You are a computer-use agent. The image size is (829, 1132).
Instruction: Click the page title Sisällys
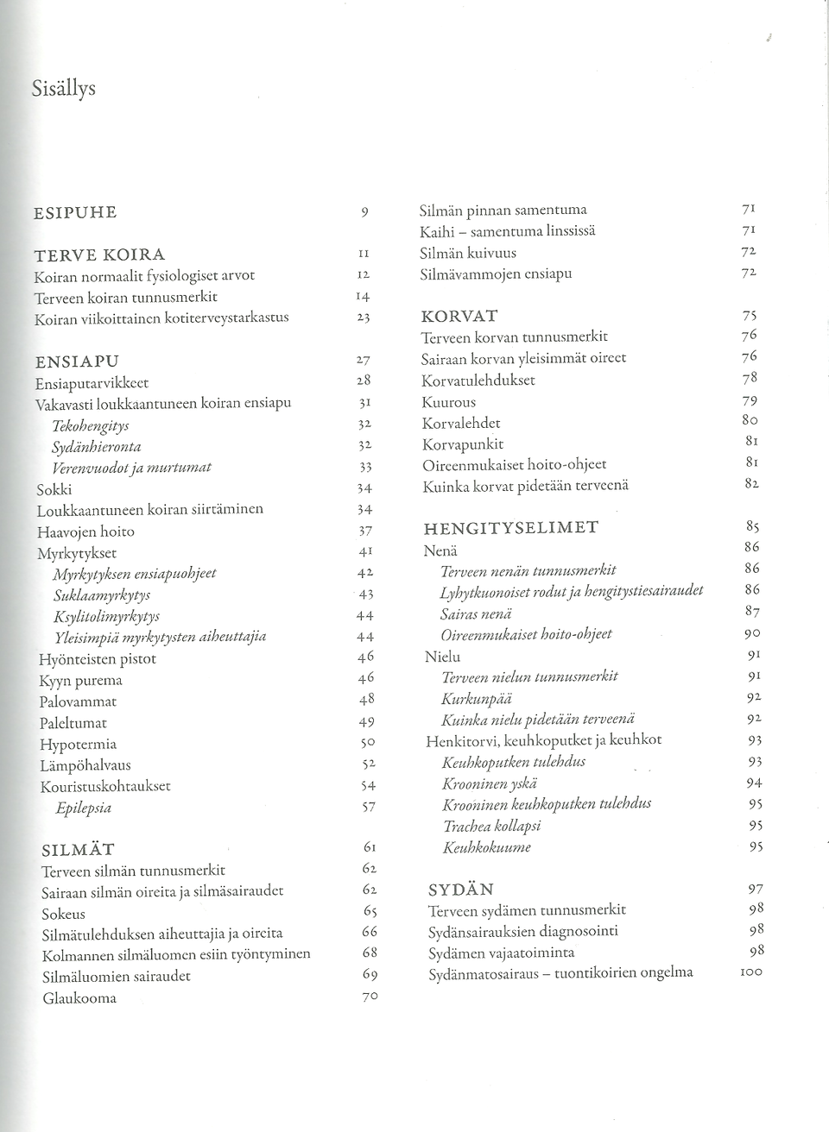[63, 89]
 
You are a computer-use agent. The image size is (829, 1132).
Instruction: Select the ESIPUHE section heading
[75, 213]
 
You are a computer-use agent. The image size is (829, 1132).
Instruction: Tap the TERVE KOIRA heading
[99, 255]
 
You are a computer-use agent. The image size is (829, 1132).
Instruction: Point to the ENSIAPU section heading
[77, 361]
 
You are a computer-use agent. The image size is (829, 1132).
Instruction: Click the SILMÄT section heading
[78, 850]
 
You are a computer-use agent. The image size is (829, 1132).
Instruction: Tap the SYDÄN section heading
[461, 890]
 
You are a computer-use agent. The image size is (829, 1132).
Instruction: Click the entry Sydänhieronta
[97, 447]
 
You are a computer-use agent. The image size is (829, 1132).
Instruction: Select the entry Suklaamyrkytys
[102, 595]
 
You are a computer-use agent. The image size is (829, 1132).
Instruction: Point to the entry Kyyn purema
[80, 681]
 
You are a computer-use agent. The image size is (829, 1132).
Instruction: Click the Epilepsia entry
[83, 808]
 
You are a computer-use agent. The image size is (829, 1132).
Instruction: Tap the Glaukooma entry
[79, 999]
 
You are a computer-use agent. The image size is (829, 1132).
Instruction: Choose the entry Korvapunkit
[462, 444]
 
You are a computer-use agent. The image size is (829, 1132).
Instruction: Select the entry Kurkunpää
[477, 698]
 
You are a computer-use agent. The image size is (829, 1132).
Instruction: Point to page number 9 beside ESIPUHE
[365, 213]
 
